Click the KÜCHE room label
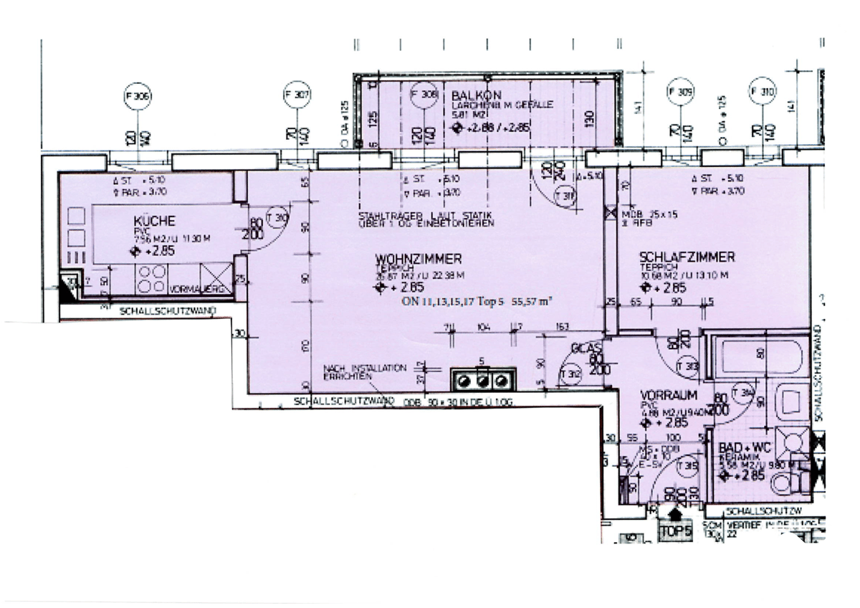click(x=154, y=222)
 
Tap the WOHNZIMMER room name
click(x=419, y=258)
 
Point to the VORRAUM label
click(x=664, y=395)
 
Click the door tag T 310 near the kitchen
click(x=276, y=218)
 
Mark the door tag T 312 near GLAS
click(x=570, y=373)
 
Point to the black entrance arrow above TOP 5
click(x=675, y=514)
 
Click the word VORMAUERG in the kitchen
click(x=190, y=290)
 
